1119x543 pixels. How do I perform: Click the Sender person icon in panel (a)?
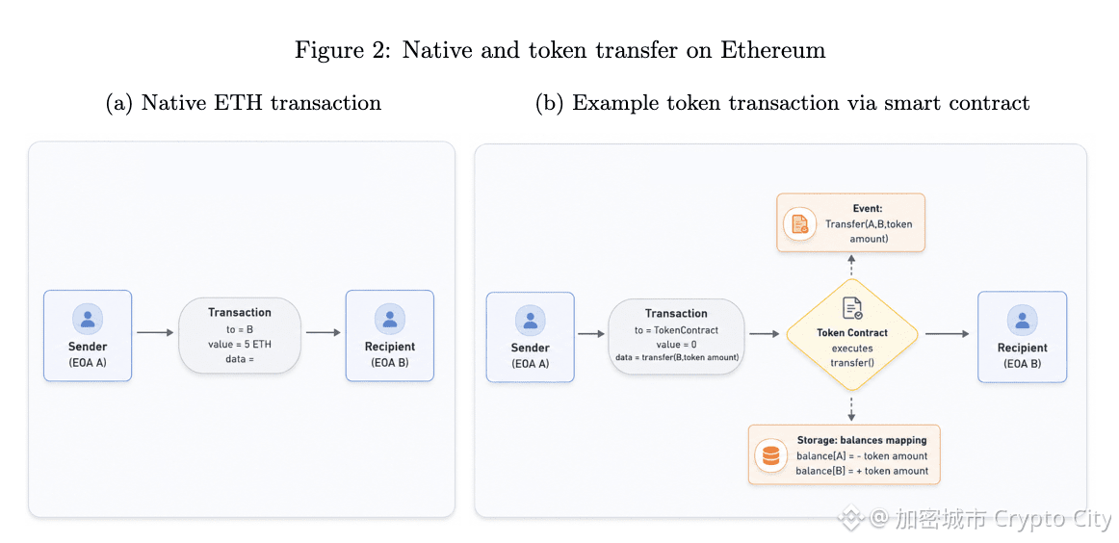(88, 319)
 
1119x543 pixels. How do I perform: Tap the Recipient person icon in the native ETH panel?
(390, 319)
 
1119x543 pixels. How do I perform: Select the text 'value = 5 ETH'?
(240, 344)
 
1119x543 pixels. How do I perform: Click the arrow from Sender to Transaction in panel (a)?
(155, 332)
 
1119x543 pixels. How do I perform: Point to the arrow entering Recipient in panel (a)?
(324, 332)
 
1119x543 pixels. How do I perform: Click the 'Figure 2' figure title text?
(560, 50)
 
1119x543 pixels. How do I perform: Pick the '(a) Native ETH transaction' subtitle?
(244, 103)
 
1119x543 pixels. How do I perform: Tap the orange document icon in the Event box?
(798, 224)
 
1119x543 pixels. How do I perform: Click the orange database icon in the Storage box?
(770, 456)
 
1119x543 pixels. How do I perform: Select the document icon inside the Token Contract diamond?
(852, 308)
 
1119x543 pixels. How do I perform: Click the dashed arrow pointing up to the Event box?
(851, 267)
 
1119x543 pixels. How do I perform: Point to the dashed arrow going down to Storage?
(851, 406)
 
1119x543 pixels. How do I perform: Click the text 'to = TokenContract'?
(677, 330)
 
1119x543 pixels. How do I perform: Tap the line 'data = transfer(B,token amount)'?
(677, 357)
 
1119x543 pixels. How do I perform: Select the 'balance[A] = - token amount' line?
(862, 456)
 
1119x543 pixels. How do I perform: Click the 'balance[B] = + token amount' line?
(862, 471)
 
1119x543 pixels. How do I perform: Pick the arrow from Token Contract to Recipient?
(947, 334)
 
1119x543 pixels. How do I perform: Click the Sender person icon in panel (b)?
(531, 320)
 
